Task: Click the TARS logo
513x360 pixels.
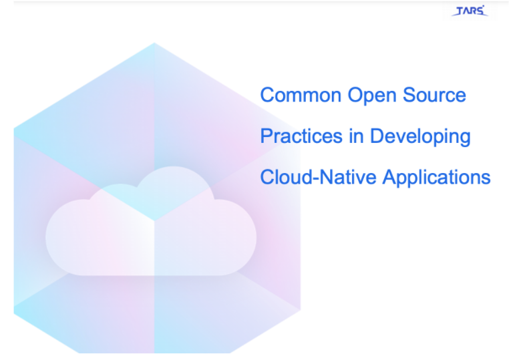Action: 470,11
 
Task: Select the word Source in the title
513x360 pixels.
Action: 434,96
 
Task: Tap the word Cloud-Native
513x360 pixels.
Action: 319,177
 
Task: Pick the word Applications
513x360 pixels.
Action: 437,178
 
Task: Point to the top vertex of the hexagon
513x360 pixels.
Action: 154,43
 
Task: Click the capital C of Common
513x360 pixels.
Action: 267,96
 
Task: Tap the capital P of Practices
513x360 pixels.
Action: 267,136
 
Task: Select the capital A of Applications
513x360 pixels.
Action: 389,177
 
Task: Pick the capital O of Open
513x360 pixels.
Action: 355,96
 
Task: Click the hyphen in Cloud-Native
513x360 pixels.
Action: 316,180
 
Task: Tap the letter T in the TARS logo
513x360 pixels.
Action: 460,11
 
